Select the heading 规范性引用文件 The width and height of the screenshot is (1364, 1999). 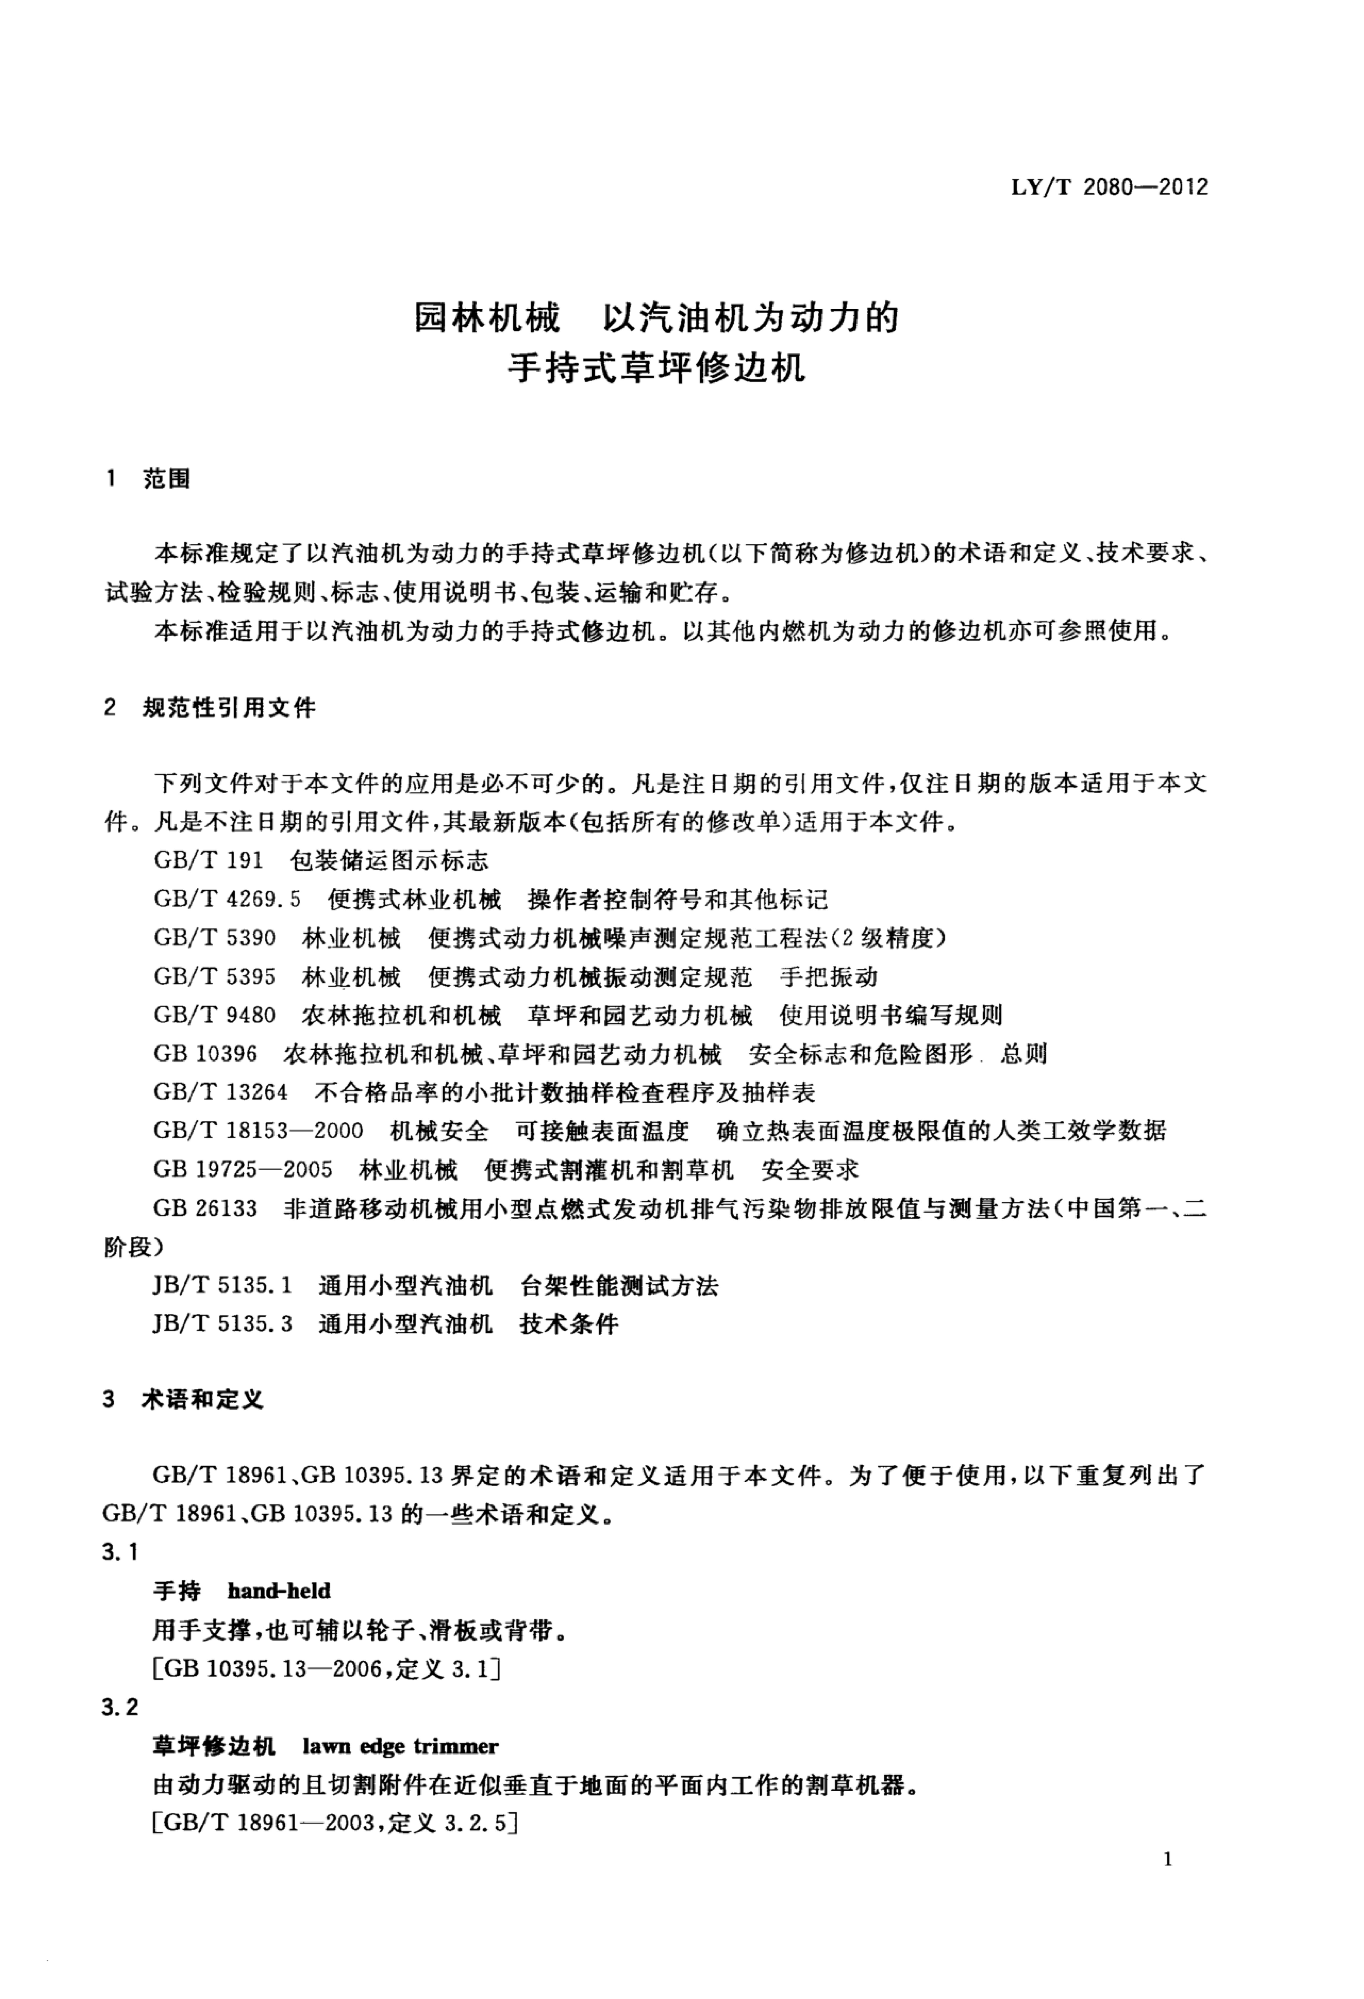click(229, 708)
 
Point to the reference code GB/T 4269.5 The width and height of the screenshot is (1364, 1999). click(227, 900)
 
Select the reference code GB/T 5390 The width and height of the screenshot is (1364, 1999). click(214, 937)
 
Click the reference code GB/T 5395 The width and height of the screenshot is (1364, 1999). click(214, 976)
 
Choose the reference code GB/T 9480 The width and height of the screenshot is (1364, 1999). click(214, 1015)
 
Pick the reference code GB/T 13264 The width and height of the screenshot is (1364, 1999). click(220, 1092)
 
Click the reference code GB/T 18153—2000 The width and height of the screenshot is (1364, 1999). click(258, 1130)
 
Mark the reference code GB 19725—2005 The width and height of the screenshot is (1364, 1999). click(243, 1169)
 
